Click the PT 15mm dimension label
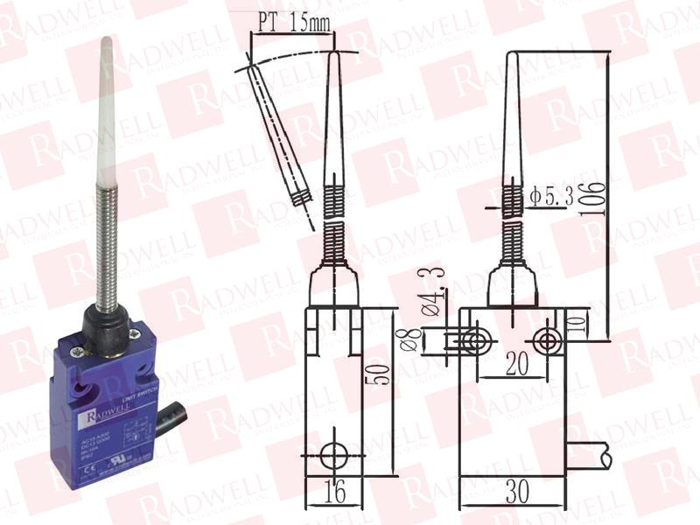pyautogui.click(x=290, y=24)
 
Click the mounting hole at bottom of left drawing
pyautogui.click(x=333, y=454)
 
